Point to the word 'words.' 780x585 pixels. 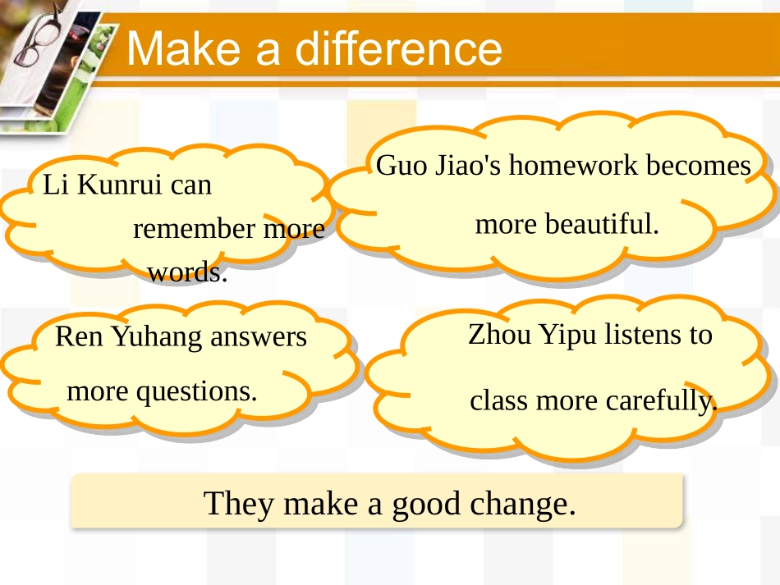[186, 272]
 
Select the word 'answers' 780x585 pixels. [259, 336]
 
